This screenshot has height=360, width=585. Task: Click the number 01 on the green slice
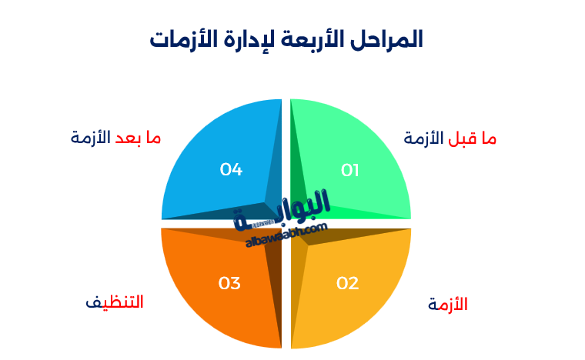[350, 170]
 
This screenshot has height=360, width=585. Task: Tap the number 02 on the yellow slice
[348, 283]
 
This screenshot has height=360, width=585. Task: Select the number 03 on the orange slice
[229, 283]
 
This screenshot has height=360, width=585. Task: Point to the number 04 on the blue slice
[231, 169]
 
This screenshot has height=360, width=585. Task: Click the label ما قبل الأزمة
[450, 138]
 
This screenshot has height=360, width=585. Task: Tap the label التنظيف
[114, 302]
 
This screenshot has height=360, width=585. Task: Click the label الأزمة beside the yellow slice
[448, 305]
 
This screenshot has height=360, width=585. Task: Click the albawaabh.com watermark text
[287, 234]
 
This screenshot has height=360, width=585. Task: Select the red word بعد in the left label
[129, 138]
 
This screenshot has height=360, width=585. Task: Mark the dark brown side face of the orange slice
[272, 285]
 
